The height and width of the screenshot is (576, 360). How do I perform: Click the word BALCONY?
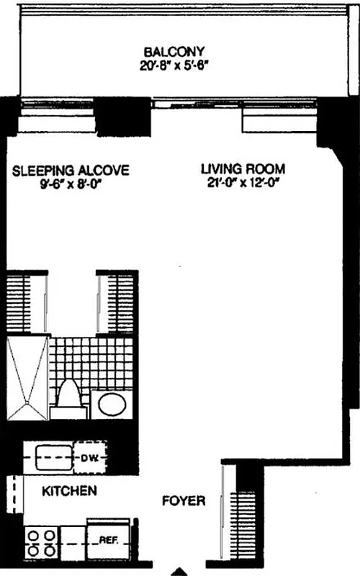point(175,53)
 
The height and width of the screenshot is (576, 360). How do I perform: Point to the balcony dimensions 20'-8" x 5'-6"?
point(175,66)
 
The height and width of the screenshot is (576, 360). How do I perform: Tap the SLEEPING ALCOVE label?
point(71,171)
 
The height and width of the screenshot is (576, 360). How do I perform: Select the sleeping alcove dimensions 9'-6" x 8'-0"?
point(71,184)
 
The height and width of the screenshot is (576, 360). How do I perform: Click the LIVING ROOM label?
point(243,169)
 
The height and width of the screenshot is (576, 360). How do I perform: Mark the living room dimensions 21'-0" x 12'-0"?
point(243,182)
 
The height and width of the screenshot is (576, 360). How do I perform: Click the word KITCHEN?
point(69,492)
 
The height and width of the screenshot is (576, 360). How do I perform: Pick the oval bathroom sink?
point(111,404)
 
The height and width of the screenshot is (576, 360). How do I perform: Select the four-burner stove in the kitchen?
point(41,542)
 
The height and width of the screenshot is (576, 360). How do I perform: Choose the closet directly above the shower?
point(27,302)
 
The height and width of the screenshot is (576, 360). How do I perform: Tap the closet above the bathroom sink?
point(116,302)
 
